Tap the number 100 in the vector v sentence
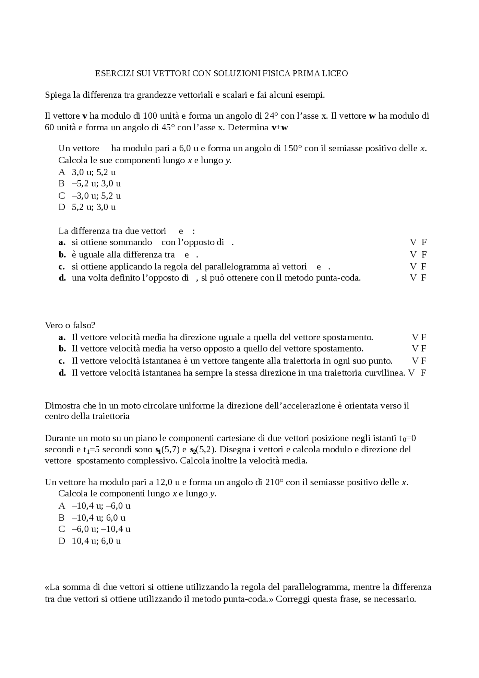pos(150,116)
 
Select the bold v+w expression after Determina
pos(280,127)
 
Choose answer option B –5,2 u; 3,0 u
pos(90,183)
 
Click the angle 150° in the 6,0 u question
pos(293,148)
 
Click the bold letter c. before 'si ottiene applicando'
pos(62,267)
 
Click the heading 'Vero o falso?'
pos(70,325)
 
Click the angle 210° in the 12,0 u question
pos(274,482)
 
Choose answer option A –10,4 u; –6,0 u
pos(95,506)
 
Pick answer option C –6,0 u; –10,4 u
pos(95,529)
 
